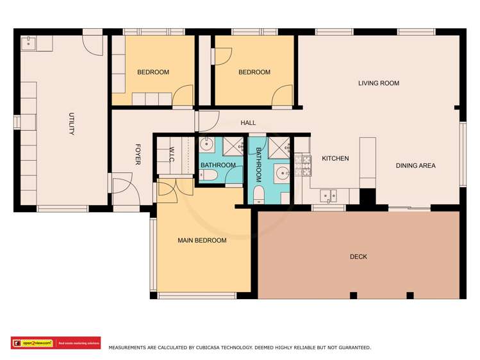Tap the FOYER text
(137, 154)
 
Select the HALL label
(248, 123)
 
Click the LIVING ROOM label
(378, 83)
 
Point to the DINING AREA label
(415, 166)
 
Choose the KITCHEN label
(335, 158)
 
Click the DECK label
(358, 257)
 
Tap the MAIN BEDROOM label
(202, 241)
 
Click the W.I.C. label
(172, 154)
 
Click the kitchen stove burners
(302, 166)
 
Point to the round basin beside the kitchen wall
(281, 172)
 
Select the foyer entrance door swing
(122, 189)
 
